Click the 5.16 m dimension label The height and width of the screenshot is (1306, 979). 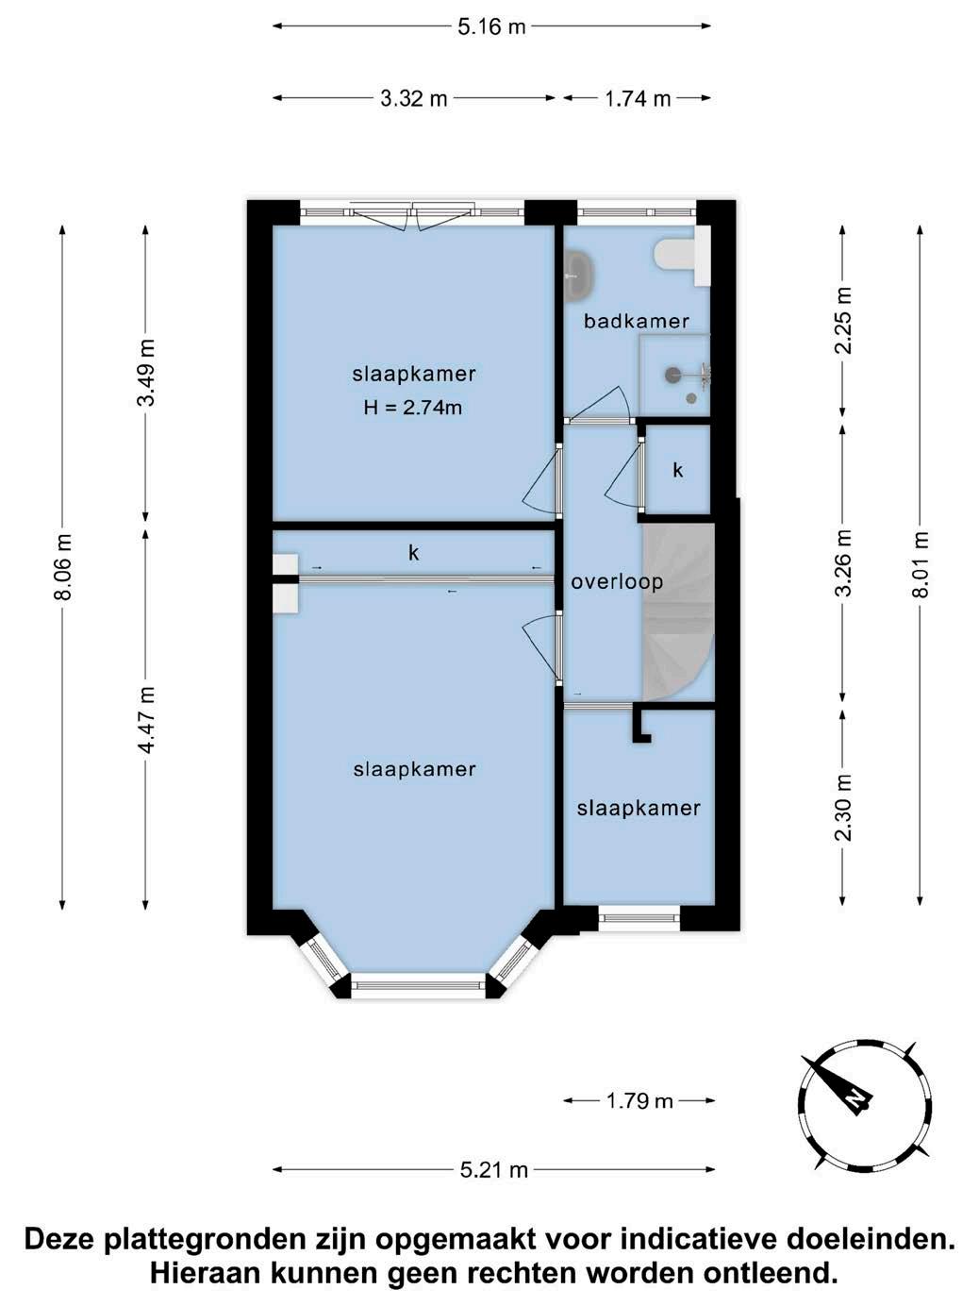click(x=491, y=26)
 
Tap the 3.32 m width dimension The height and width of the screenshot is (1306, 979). click(x=414, y=98)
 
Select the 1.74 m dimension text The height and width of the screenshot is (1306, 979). click(x=638, y=98)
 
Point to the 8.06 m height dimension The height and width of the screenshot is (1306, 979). click(x=62, y=566)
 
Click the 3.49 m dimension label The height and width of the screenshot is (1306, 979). click(x=145, y=373)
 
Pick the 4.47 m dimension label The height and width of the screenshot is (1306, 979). click(x=145, y=719)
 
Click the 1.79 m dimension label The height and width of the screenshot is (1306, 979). click(x=639, y=1101)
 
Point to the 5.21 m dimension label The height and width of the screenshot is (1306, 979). click(x=494, y=1170)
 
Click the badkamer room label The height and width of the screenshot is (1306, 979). click(x=636, y=321)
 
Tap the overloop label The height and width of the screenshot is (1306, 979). click(x=617, y=581)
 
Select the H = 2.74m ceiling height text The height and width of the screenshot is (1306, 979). click(x=413, y=408)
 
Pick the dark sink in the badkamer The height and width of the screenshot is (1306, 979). click(x=578, y=275)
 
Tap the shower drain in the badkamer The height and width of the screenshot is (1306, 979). click(x=691, y=398)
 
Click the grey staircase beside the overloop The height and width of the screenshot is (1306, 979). click(x=677, y=611)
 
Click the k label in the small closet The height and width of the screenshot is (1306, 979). click(x=677, y=470)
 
